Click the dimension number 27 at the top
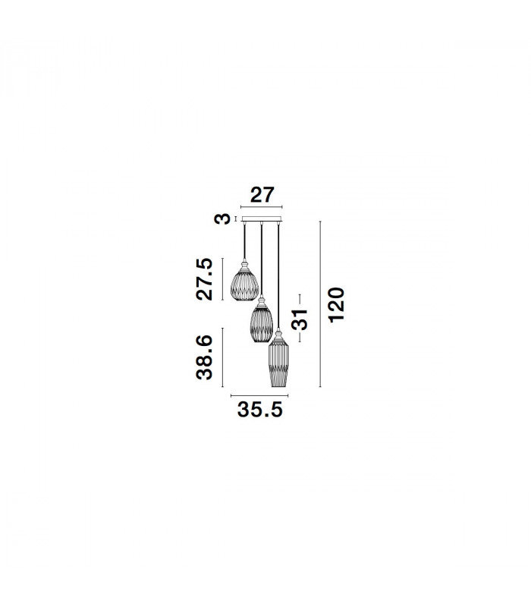pos(262,195)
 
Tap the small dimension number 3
pos(222,219)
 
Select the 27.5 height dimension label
pos(204,278)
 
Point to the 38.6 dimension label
pos(204,357)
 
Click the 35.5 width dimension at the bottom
pos(260,410)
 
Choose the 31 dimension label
pos(300,319)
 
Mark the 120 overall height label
pos(336,305)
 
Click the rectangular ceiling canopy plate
pos(262,219)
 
